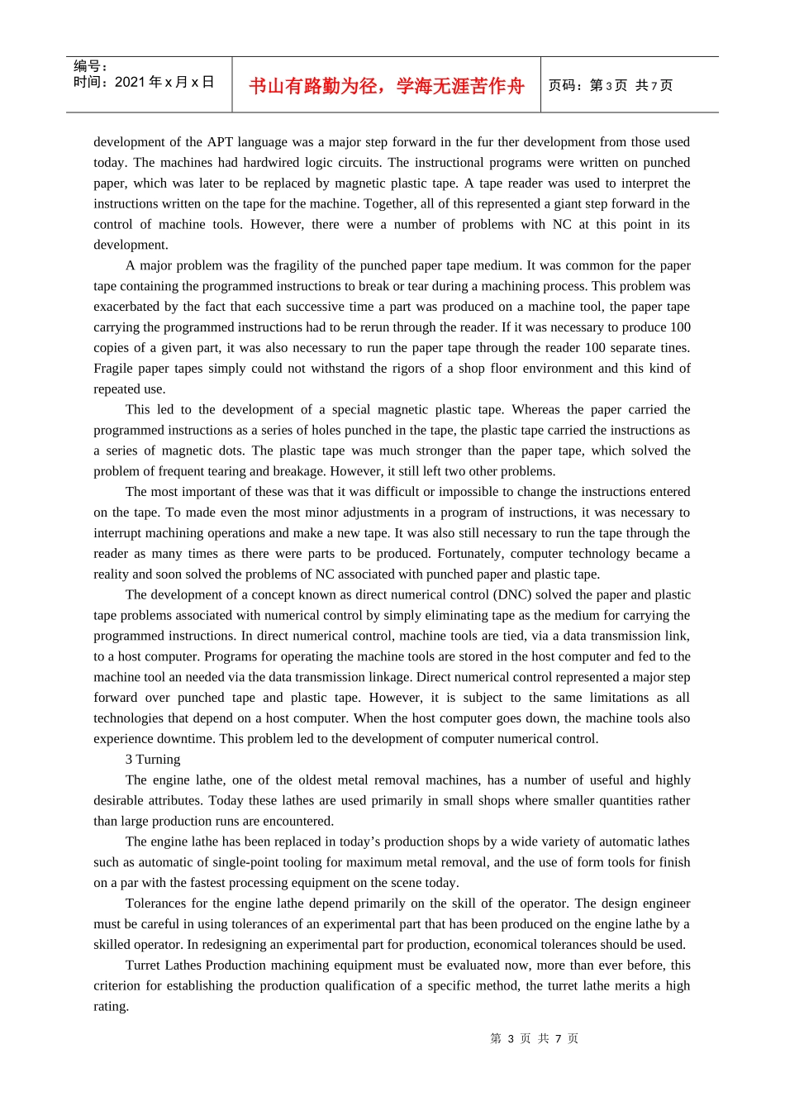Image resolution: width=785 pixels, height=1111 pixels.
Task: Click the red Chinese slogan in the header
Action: click(386, 86)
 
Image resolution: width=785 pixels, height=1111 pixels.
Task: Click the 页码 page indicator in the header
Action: click(611, 85)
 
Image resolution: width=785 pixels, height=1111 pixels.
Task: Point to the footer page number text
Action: click(534, 1038)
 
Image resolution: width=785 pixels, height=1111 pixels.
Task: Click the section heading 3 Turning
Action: click(153, 759)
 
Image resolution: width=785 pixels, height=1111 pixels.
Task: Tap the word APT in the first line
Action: click(220, 142)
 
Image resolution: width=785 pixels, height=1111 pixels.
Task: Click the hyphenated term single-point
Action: click(237, 862)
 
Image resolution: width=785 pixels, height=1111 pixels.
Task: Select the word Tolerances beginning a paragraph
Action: click(155, 904)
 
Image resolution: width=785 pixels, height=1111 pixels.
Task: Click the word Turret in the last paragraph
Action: click(143, 966)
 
